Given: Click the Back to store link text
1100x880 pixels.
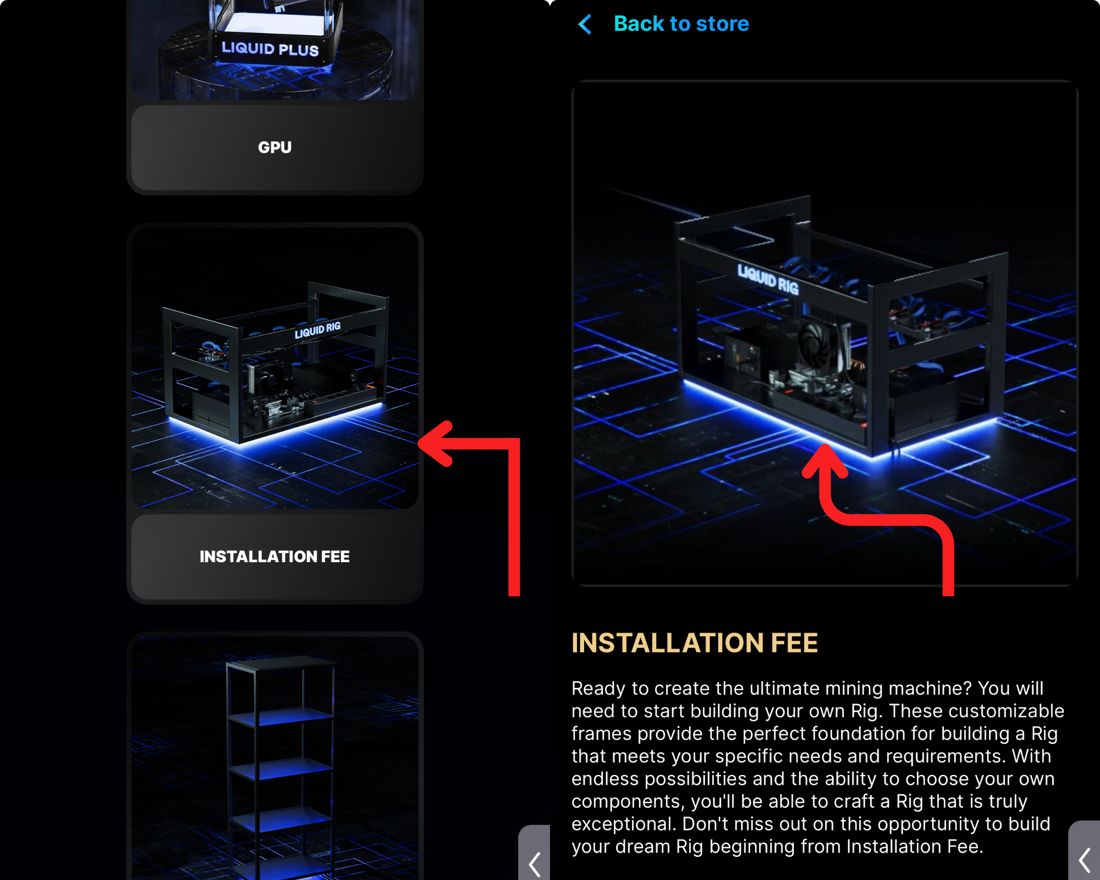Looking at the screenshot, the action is tap(681, 24).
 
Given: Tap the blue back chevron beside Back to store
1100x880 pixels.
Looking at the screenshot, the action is tap(585, 24).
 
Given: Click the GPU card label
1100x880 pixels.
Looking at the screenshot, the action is tap(275, 147).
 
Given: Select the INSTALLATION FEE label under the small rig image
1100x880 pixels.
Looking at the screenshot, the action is tap(274, 557).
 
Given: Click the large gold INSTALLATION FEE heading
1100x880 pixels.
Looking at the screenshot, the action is tap(695, 643).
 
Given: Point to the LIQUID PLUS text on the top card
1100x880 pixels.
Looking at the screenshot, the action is tap(270, 49).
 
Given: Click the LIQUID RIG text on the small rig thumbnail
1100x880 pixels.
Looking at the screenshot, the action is tap(318, 330).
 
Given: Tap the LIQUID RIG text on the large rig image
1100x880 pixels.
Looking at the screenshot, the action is tap(768, 279).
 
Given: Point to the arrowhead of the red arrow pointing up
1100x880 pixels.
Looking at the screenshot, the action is tap(825, 461).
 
